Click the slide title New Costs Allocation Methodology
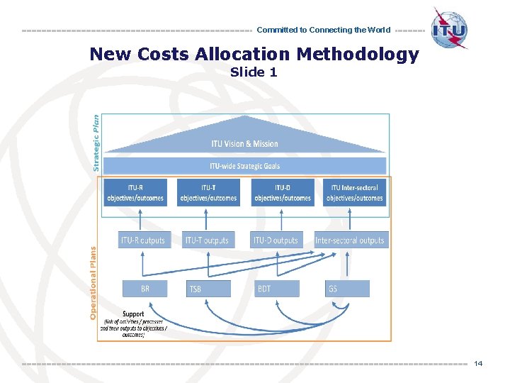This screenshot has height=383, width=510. click(254, 55)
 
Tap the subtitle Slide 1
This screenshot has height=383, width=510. click(254, 72)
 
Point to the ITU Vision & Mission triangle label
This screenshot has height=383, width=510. click(244, 144)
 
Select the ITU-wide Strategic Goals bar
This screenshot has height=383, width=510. click(244, 166)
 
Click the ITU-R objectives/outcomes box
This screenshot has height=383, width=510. click(135, 192)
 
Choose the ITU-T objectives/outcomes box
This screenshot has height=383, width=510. click(208, 192)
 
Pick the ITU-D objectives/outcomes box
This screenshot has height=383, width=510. click(282, 192)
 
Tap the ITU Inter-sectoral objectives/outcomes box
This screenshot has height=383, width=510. click(355, 192)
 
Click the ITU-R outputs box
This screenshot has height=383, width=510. click(142, 240)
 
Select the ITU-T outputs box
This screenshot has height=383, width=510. click(208, 240)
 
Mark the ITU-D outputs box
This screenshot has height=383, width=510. click(276, 240)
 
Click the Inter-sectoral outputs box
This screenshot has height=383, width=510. click(350, 240)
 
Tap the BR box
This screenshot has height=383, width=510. click(145, 289)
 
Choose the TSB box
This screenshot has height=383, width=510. click(209, 289)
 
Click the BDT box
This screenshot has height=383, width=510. click(277, 289)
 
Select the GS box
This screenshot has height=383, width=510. click(348, 289)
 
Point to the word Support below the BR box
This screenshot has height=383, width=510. click(133, 313)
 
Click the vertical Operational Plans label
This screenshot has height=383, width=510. click(93, 282)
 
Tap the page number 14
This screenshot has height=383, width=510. click(478, 363)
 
